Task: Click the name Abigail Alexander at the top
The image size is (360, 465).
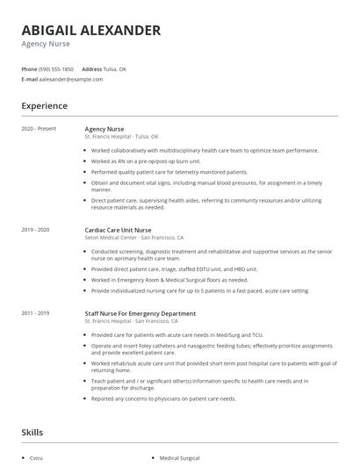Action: tap(91, 31)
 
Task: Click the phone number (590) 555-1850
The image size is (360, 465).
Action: tap(56, 68)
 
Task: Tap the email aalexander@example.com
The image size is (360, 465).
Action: tap(71, 79)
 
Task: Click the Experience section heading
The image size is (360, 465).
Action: tap(44, 106)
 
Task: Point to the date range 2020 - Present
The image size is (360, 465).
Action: tap(39, 129)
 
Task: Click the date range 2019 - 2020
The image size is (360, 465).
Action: tap(35, 230)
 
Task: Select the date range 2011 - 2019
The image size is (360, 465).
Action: tap(35, 313)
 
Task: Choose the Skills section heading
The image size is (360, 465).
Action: tap(32, 433)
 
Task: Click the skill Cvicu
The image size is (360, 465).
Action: tap(36, 457)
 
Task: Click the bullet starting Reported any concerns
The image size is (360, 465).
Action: tap(163, 398)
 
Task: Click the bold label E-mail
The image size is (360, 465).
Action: tap(29, 79)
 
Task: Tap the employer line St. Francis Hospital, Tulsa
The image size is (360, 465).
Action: tap(121, 137)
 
